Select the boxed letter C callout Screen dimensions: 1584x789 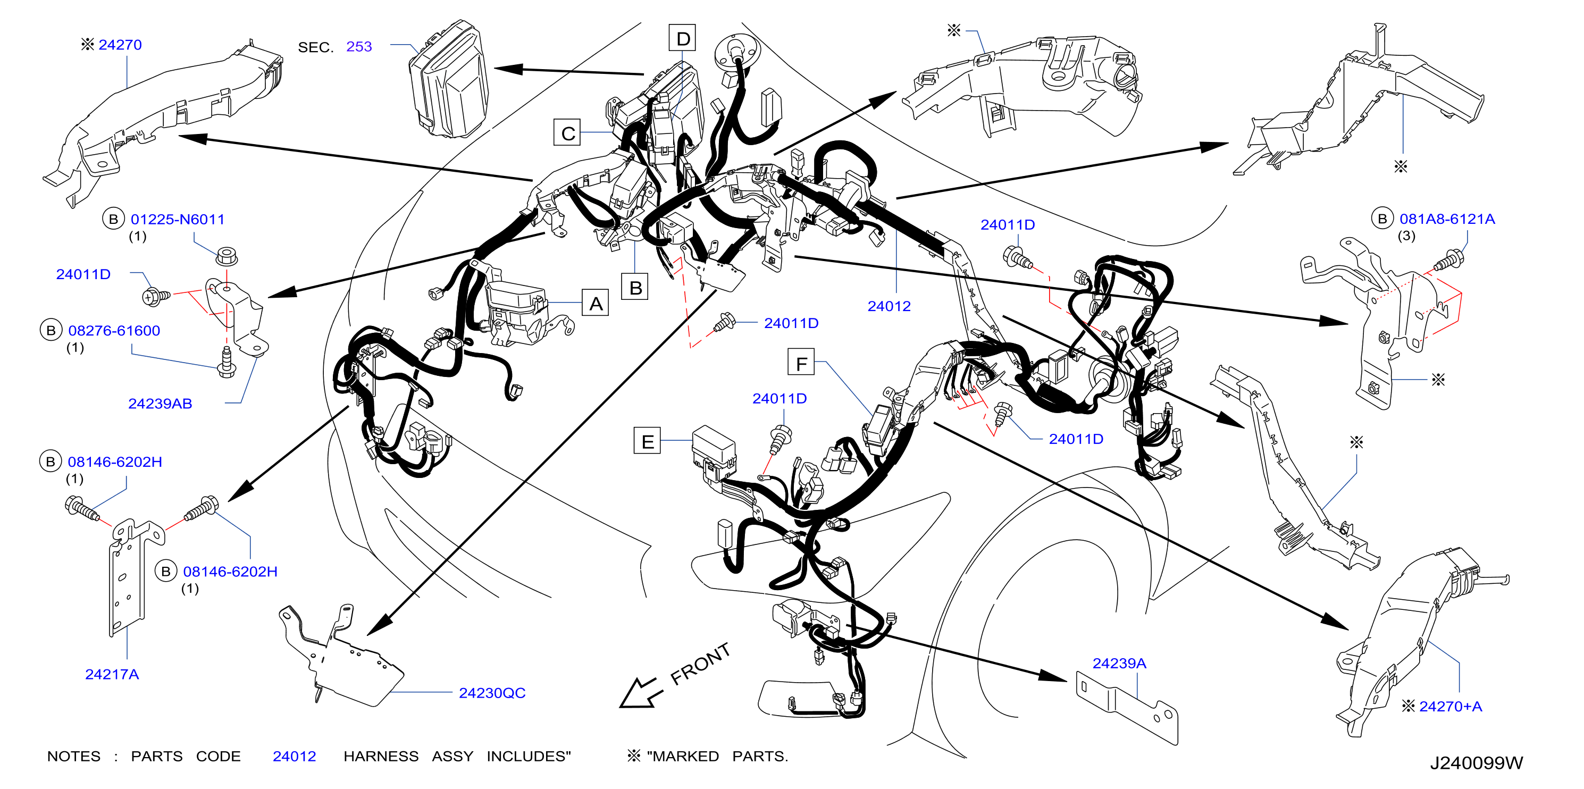point(567,133)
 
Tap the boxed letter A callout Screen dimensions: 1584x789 point(595,303)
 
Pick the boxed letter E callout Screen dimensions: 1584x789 point(647,441)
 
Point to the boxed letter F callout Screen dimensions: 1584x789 point(801,362)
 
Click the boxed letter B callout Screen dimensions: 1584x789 point(635,287)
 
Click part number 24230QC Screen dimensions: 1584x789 point(492,693)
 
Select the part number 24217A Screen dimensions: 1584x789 point(112,675)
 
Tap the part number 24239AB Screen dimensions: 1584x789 point(160,404)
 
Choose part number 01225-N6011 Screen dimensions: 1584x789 point(178,219)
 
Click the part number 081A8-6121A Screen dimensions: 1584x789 point(1447,219)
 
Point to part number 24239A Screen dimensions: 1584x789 point(1119,664)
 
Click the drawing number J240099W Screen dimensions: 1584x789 point(1476,763)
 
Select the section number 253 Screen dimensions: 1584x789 point(359,47)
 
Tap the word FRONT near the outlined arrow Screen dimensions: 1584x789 point(700,664)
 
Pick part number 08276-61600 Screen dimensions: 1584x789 point(114,331)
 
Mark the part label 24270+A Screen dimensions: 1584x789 point(1450,707)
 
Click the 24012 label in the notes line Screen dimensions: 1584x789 point(294,757)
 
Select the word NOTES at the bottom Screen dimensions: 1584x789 point(74,757)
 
